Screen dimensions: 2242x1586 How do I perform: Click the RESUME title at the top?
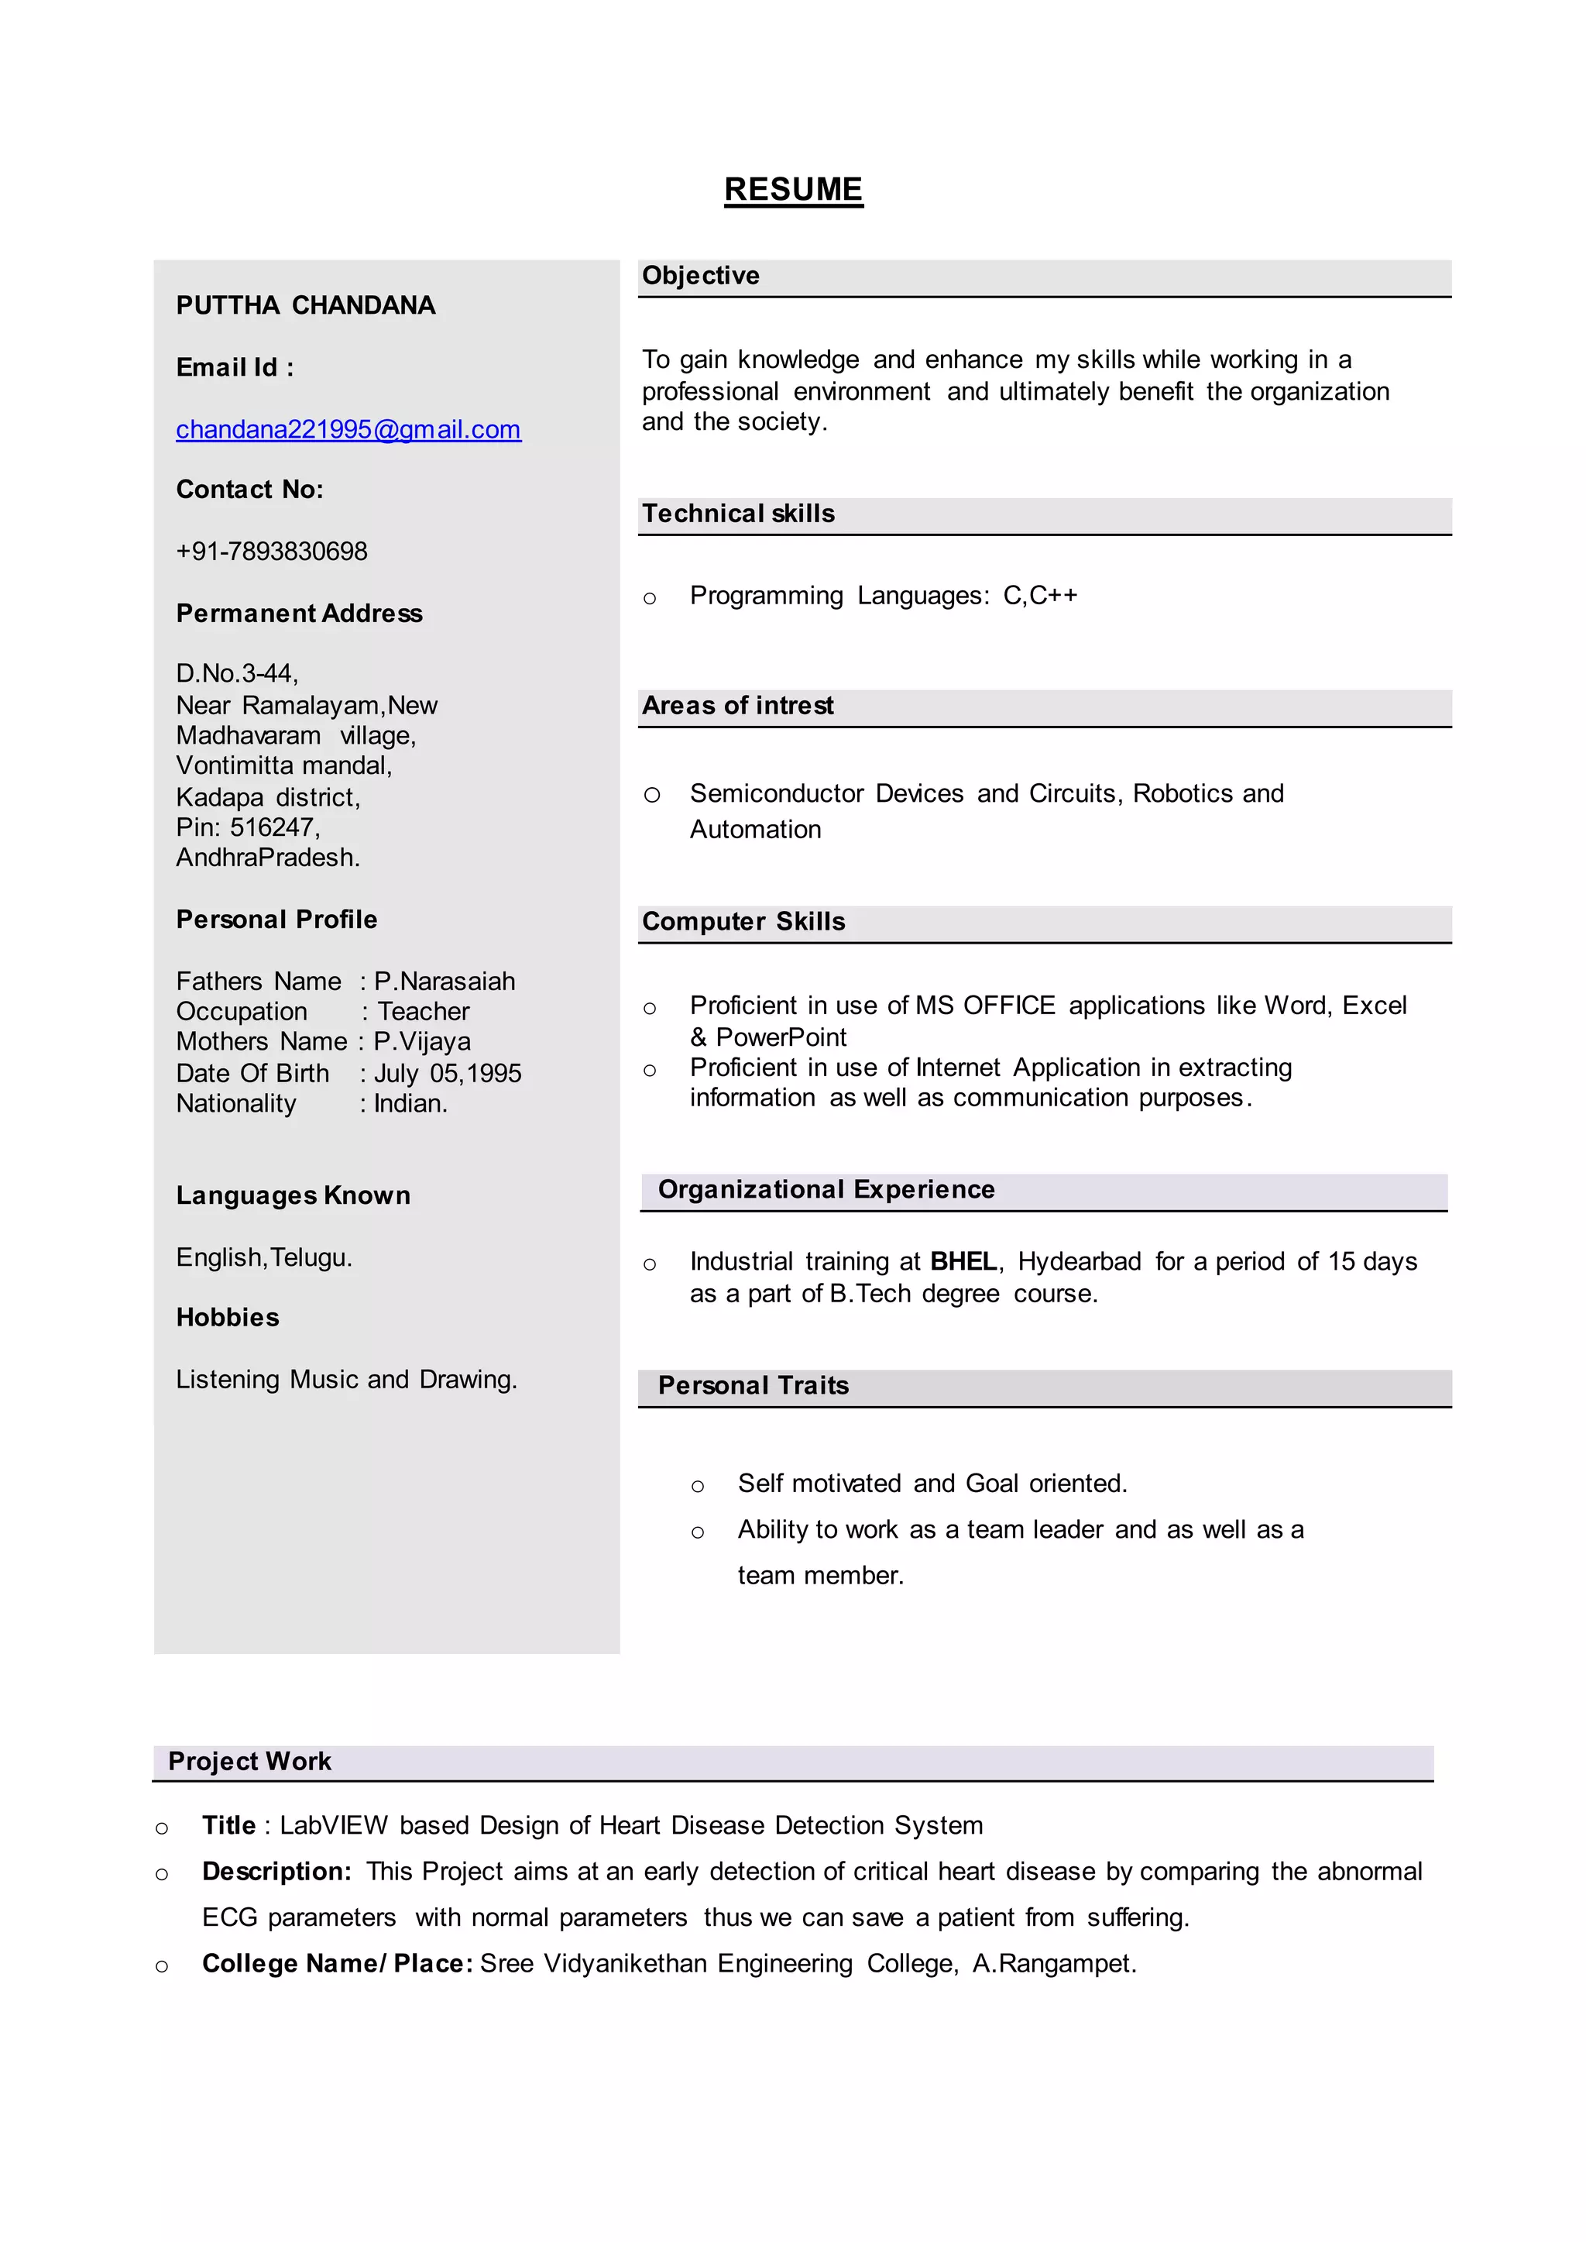[793, 190]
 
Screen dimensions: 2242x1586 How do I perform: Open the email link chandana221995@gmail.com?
[348, 430]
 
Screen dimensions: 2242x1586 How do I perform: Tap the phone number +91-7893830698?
[272, 552]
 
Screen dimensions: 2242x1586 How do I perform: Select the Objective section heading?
[700, 277]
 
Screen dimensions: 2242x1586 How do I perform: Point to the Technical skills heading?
[737, 514]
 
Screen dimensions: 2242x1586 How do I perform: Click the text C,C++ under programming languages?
[1040, 596]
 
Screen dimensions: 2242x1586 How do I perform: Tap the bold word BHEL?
[963, 1262]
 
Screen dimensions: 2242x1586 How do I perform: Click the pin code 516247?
[273, 828]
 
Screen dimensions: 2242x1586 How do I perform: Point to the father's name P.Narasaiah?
[445, 982]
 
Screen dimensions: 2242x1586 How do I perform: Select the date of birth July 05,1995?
[448, 1074]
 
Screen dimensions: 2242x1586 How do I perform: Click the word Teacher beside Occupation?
[423, 1012]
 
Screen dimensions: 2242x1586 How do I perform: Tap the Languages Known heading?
[293, 1195]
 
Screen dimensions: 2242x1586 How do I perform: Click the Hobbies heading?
[228, 1318]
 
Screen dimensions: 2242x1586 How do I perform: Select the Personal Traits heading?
[753, 1386]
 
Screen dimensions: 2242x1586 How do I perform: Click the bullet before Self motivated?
[697, 1487]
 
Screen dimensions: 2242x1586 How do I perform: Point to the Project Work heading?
[249, 1762]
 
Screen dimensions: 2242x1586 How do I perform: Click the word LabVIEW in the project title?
[333, 1826]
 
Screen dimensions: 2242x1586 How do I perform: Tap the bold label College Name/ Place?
[337, 1964]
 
